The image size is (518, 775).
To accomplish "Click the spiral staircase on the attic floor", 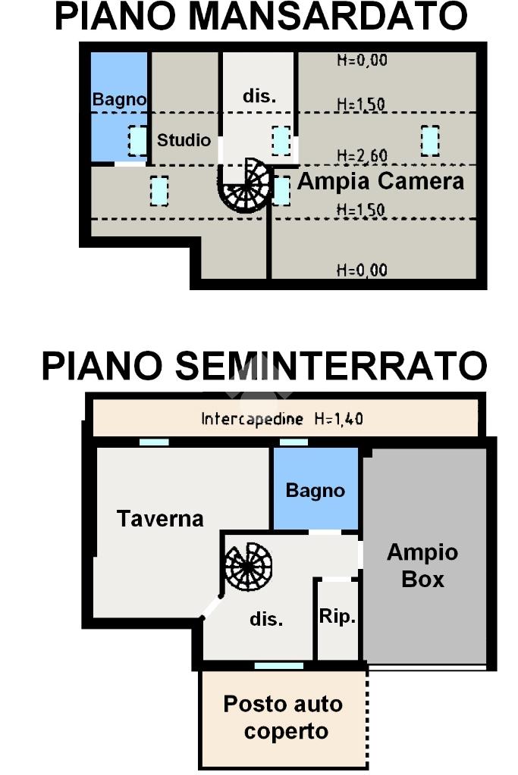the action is [x=246, y=186].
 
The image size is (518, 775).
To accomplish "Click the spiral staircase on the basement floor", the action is [x=248, y=567].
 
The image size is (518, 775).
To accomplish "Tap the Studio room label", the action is [x=184, y=140].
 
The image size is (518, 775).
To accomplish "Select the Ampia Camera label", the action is [x=381, y=181].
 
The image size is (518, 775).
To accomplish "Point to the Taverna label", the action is [x=160, y=518].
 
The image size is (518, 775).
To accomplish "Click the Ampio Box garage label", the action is [x=422, y=565].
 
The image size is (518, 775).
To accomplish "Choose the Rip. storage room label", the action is [x=337, y=617].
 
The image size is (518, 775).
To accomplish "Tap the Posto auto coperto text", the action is [x=284, y=717].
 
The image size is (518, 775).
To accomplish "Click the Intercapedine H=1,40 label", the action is [x=282, y=419].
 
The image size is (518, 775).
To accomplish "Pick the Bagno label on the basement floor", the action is [x=316, y=490].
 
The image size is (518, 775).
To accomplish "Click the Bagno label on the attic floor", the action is [x=119, y=99].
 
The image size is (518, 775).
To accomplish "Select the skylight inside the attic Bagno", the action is [x=137, y=141].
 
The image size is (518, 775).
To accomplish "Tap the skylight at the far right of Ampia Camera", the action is [x=430, y=141].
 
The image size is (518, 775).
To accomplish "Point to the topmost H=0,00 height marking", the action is [x=363, y=61].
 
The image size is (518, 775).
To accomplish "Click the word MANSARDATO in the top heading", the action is [x=328, y=16].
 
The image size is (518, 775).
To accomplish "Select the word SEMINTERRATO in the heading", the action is [x=331, y=366].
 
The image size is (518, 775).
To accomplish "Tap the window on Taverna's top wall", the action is [x=154, y=442].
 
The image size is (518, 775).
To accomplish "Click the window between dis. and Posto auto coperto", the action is [x=279, y=666].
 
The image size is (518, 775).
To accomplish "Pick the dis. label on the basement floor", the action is [x=266, y=618].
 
